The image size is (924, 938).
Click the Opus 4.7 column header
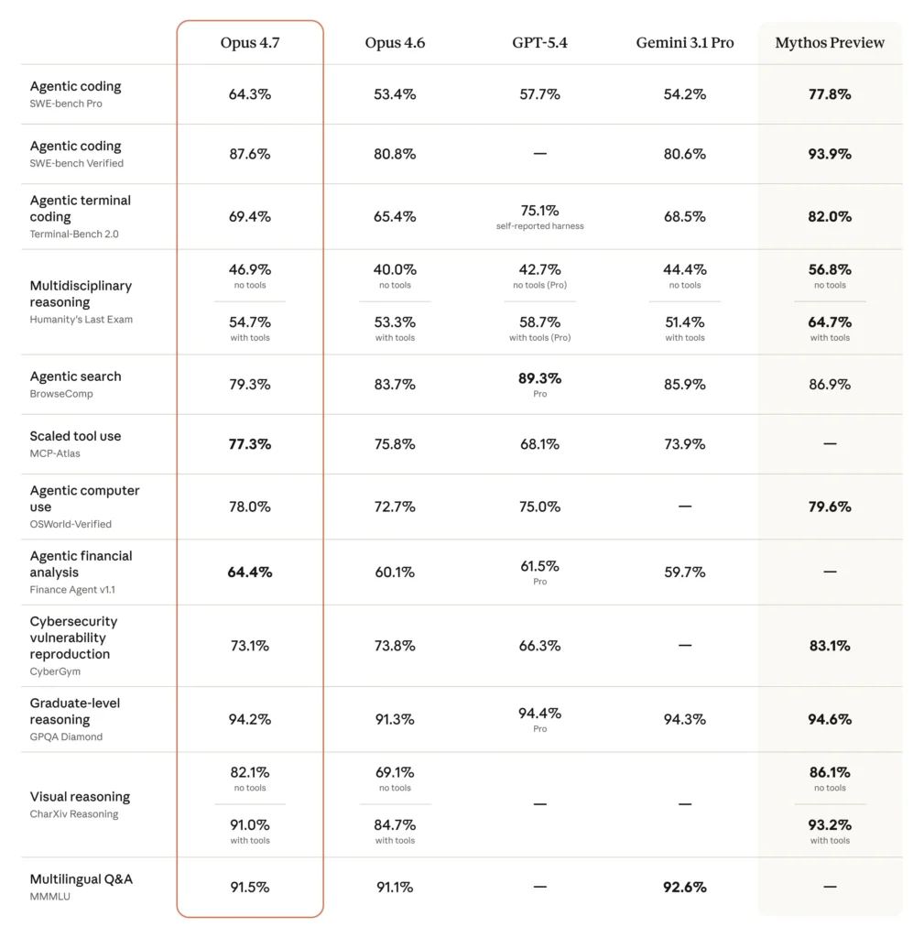pyautogui.click(x=250, y=43)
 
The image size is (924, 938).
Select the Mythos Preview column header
pyautogui.click(x=830, y=43)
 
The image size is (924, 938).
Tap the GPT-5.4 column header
pyautogui.click(x=539, y=43)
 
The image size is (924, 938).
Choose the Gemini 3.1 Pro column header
pyautogui.click(x=685, y=43)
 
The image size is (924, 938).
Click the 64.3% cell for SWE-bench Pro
pyautogui.click(x=250, y=94)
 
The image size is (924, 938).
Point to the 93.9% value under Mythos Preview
pyautogui.click(x=830, y=154)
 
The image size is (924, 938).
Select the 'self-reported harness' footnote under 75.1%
pyautogui.click(x=539, y=226)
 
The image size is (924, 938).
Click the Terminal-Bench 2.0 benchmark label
pyautogui.click(x=74, y=234)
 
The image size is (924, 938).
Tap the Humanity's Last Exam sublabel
pyautogui.click(x=81, y=320)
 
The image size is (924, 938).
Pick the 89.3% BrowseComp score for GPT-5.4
pyautogui.click(x=539, y=378)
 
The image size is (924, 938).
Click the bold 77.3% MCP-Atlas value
pyautogui.click(x=250, y=444)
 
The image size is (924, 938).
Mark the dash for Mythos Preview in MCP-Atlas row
pyautogui.click(x=830, y=444)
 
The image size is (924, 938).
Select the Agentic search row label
pyautogui.click(x=75, y=376)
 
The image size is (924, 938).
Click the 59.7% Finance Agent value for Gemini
pyautogui.click(x=685, y=573)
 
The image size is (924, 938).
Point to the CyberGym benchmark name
pyautogui.click(x=55, y=671)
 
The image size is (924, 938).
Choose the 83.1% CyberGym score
pyautogui.click(x=830, y=646)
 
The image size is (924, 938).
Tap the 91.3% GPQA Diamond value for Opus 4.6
pyautogui.click(x=395, y=720)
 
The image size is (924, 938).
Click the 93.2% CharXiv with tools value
pyautogui.click(x=830, y=825)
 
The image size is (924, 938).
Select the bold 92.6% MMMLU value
pyautogui.click(x=685, y=887)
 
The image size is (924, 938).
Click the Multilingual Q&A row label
pyautogui.click(x=81, y=879)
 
